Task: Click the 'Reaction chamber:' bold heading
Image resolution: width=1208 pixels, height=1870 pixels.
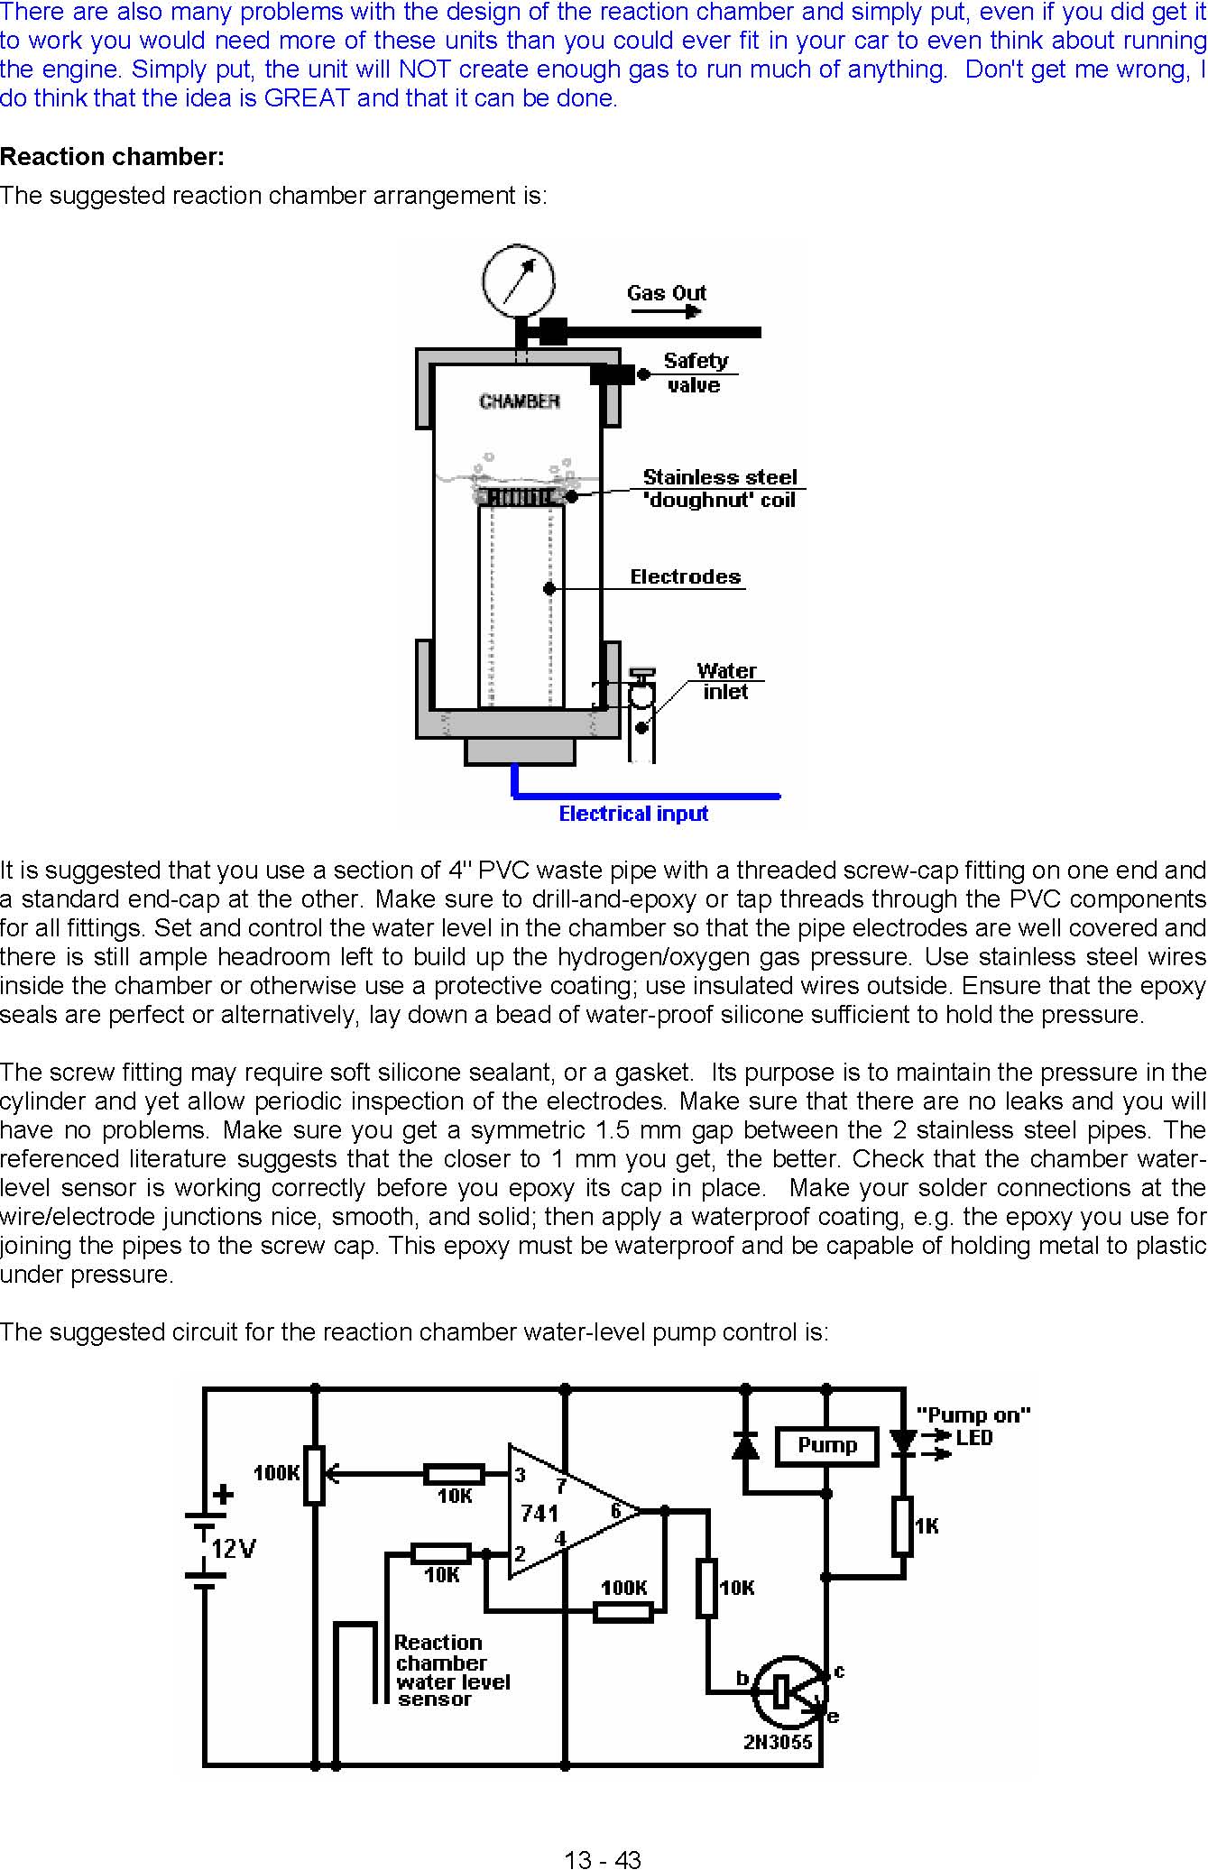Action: [112, 157]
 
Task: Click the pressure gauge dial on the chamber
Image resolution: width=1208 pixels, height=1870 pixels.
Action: [518, 281]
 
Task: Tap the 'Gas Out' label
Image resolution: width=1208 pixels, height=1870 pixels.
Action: [667, 292]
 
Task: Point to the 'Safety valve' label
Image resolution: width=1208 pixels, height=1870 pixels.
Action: [695, 373]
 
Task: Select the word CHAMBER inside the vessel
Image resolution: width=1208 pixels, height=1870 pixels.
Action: [520, 401]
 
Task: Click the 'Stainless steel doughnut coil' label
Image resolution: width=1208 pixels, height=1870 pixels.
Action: [720, 488]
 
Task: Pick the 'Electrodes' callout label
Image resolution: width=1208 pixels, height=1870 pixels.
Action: [686, 576]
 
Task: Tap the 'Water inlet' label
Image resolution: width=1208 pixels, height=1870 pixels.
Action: [726, 681]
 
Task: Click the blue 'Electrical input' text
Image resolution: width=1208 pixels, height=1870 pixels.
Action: [633, 814]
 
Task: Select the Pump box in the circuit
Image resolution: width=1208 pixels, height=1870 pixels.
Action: [827, 1445]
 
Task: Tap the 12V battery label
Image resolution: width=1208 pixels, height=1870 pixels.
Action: [234, 1549]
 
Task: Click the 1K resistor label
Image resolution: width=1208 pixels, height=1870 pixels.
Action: [927, 1525]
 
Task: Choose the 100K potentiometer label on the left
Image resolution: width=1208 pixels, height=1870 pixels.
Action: [276, 1473]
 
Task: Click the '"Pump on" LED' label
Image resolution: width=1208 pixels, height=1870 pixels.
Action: [973, 1426]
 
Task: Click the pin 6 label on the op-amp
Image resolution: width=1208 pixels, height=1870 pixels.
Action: [616, 1508]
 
